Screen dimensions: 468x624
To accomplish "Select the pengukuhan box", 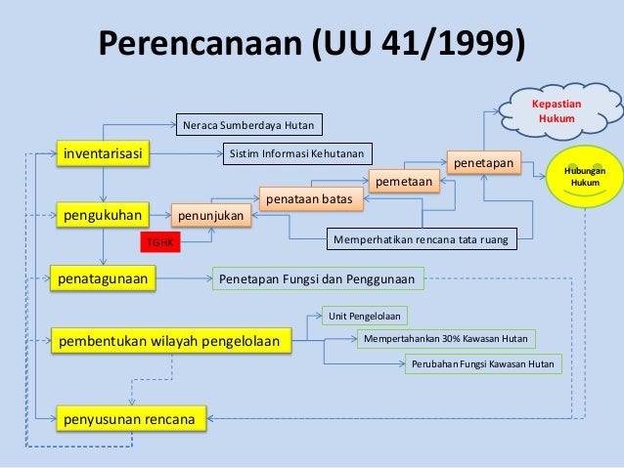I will [x=104, y=212].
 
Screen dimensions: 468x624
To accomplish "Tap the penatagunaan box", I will [x=104, y=279].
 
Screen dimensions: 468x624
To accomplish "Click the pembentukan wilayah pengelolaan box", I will [x=173, y=341].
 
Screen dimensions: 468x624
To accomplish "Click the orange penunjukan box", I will [x=211, y=213].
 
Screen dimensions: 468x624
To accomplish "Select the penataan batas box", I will [x=311, y=198].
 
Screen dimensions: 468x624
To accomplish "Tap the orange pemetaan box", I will [x=403, y=181].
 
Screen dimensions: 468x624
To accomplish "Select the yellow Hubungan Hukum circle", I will [x=585, y=176].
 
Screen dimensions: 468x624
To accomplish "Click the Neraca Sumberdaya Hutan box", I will [x=249, y=126].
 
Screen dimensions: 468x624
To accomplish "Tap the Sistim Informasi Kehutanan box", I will [x=296, y=153].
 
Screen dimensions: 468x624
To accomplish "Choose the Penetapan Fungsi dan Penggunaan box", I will [x=318, y=279].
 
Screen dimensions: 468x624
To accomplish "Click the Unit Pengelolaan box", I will [x=367, y=316].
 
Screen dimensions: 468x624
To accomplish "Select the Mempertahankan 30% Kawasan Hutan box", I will [x=445, y=339].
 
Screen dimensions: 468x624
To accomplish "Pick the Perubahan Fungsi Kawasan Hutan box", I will [x=483, y=364].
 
